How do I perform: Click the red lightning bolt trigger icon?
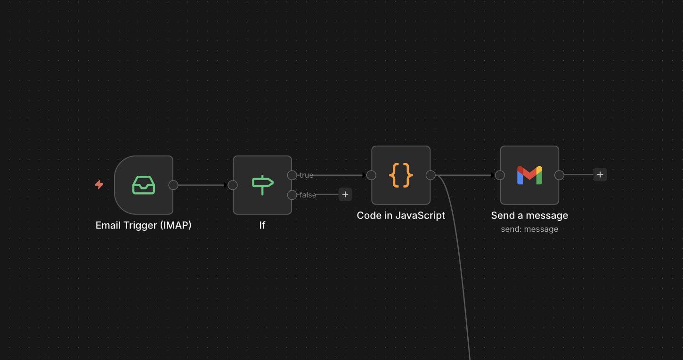(99, 185)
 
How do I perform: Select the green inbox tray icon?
(144, 185)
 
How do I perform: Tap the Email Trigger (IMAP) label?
(143, 225)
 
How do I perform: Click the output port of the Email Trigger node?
(173, 185)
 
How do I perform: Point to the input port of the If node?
(233, 185)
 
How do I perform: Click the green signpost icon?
(262, 185)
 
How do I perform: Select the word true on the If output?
(306, 175)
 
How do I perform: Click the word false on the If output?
(308, 195)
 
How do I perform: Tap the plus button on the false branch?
(345, 194)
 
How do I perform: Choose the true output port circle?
(292, 175)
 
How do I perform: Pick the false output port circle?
(292, 195)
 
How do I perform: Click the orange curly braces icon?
(401, 175)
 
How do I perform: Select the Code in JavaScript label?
(401, 215)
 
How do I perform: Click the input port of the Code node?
(371, 175)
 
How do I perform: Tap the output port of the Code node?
(431, 175)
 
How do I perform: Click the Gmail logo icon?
(529, 175)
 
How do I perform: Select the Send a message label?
(529, 215)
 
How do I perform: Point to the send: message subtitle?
(529, 229)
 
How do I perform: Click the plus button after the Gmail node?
(600, 174)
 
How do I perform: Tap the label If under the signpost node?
(262, 225)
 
